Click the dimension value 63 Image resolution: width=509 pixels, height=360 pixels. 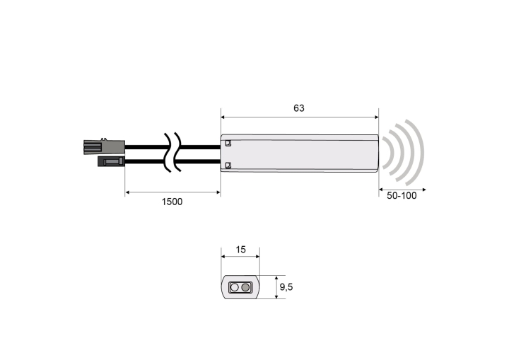point(298,108)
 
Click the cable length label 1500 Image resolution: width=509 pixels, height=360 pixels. point(172,202)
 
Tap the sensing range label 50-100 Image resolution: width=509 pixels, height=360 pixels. point(402,196)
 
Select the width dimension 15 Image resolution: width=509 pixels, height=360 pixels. point(240,250)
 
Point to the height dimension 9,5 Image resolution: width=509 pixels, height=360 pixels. point(286,287)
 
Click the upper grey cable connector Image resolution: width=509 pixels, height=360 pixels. point(104,146)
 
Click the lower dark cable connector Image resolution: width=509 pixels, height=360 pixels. point(112,161)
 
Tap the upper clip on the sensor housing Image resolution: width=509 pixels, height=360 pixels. point(228,143)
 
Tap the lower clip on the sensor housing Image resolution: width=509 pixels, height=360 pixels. point(228,166)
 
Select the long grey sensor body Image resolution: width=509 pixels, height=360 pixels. point(299,153)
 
